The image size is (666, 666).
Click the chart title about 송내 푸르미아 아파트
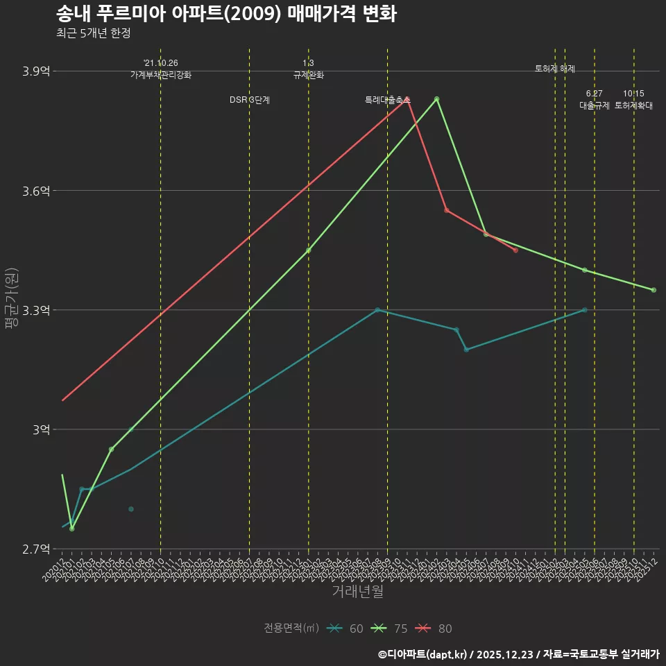click(x=225, y=14)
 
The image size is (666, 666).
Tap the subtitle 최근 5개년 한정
click(x=93, y=33)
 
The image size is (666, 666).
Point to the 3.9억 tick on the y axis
click(x=37, y=71)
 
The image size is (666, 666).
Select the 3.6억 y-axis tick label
click(x=37, y=191)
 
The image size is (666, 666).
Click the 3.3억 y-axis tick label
click(x=37, y=310)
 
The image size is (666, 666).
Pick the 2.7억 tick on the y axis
click(x=37, y=549)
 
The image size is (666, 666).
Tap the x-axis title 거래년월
click(x=357, y=592)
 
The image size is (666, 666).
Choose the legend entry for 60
click(x=347, y=629)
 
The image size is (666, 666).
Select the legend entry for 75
click(x=391, y=629)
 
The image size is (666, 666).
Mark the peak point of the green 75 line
click(x=437, y=99)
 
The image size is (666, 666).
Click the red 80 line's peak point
click(x=407, y=99)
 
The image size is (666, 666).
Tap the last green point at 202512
click(x=654, y=290)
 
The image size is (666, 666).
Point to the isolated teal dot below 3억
click(x=130, y=509)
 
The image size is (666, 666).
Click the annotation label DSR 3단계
click(x=250, y=100)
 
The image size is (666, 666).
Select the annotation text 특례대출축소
click(x=387, y=100)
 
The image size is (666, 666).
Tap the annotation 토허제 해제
click(x=555, y=69)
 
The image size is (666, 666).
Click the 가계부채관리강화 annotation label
click(x=160, y=75)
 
